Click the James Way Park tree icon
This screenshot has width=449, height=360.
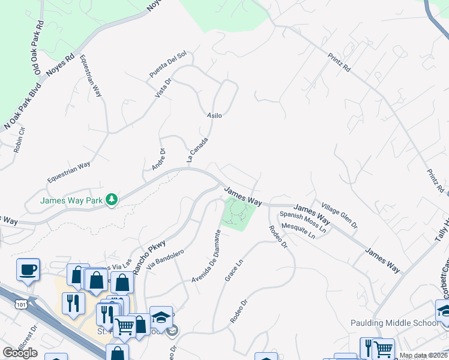(x=111, y=199)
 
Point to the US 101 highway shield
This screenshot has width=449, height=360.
(x=21, y=304)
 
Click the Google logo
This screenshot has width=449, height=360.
(x=20, y=353)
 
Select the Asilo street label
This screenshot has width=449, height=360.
(x=214, y=115)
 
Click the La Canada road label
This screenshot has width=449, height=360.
(x=197, y=150)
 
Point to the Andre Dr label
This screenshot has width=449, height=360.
(x=158, y=160)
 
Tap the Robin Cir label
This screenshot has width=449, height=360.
(x=19, y=140)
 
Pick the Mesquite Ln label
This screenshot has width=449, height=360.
(x=298, y=232)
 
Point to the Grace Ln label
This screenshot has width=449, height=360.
(x=234, y=270)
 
